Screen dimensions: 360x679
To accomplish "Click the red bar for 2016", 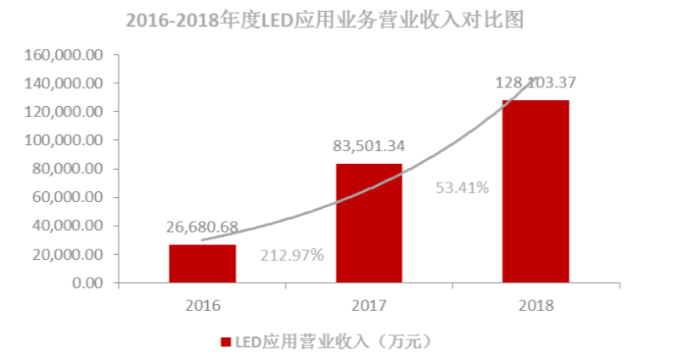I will click(x=202, y=263).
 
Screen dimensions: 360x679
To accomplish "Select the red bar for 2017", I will click(x=368, y=222).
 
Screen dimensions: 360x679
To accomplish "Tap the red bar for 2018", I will click(x=535, y=191).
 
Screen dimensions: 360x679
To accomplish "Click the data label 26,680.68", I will click(x=202, y=228).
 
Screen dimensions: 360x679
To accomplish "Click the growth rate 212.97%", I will click(x=291, y=254).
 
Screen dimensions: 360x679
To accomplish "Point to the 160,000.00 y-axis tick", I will click(x=65, y=54).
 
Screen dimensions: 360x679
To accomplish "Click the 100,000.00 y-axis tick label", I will click(x=65, y=140).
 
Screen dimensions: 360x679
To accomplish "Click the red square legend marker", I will click(x=226, y=342).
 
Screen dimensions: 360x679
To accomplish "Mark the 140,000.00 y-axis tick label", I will click(x=65, y=83).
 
